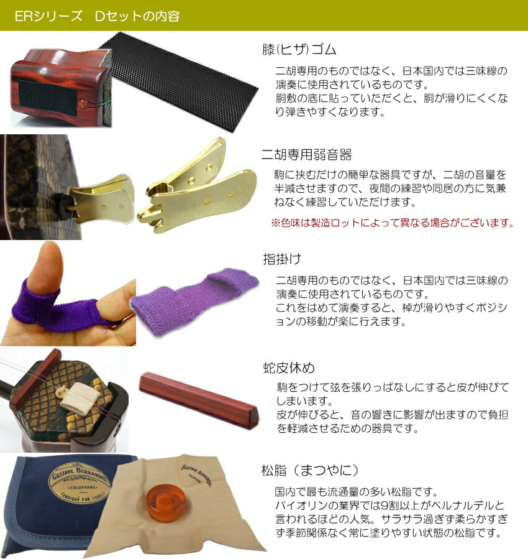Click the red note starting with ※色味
(393, 223)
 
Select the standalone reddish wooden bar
(198, 398)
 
